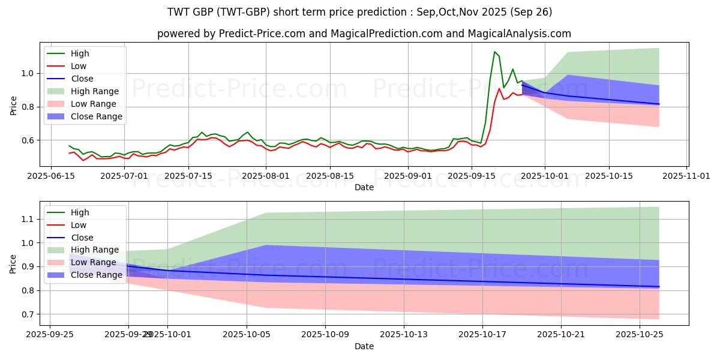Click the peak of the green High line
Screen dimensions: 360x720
point(494,52)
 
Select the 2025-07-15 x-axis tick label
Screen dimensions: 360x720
point(188,176)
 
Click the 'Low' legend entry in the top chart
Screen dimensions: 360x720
point(79,66)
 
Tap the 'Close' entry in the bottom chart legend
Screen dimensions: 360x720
point(82,237)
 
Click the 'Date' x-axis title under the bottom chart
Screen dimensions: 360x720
point(364,346)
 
